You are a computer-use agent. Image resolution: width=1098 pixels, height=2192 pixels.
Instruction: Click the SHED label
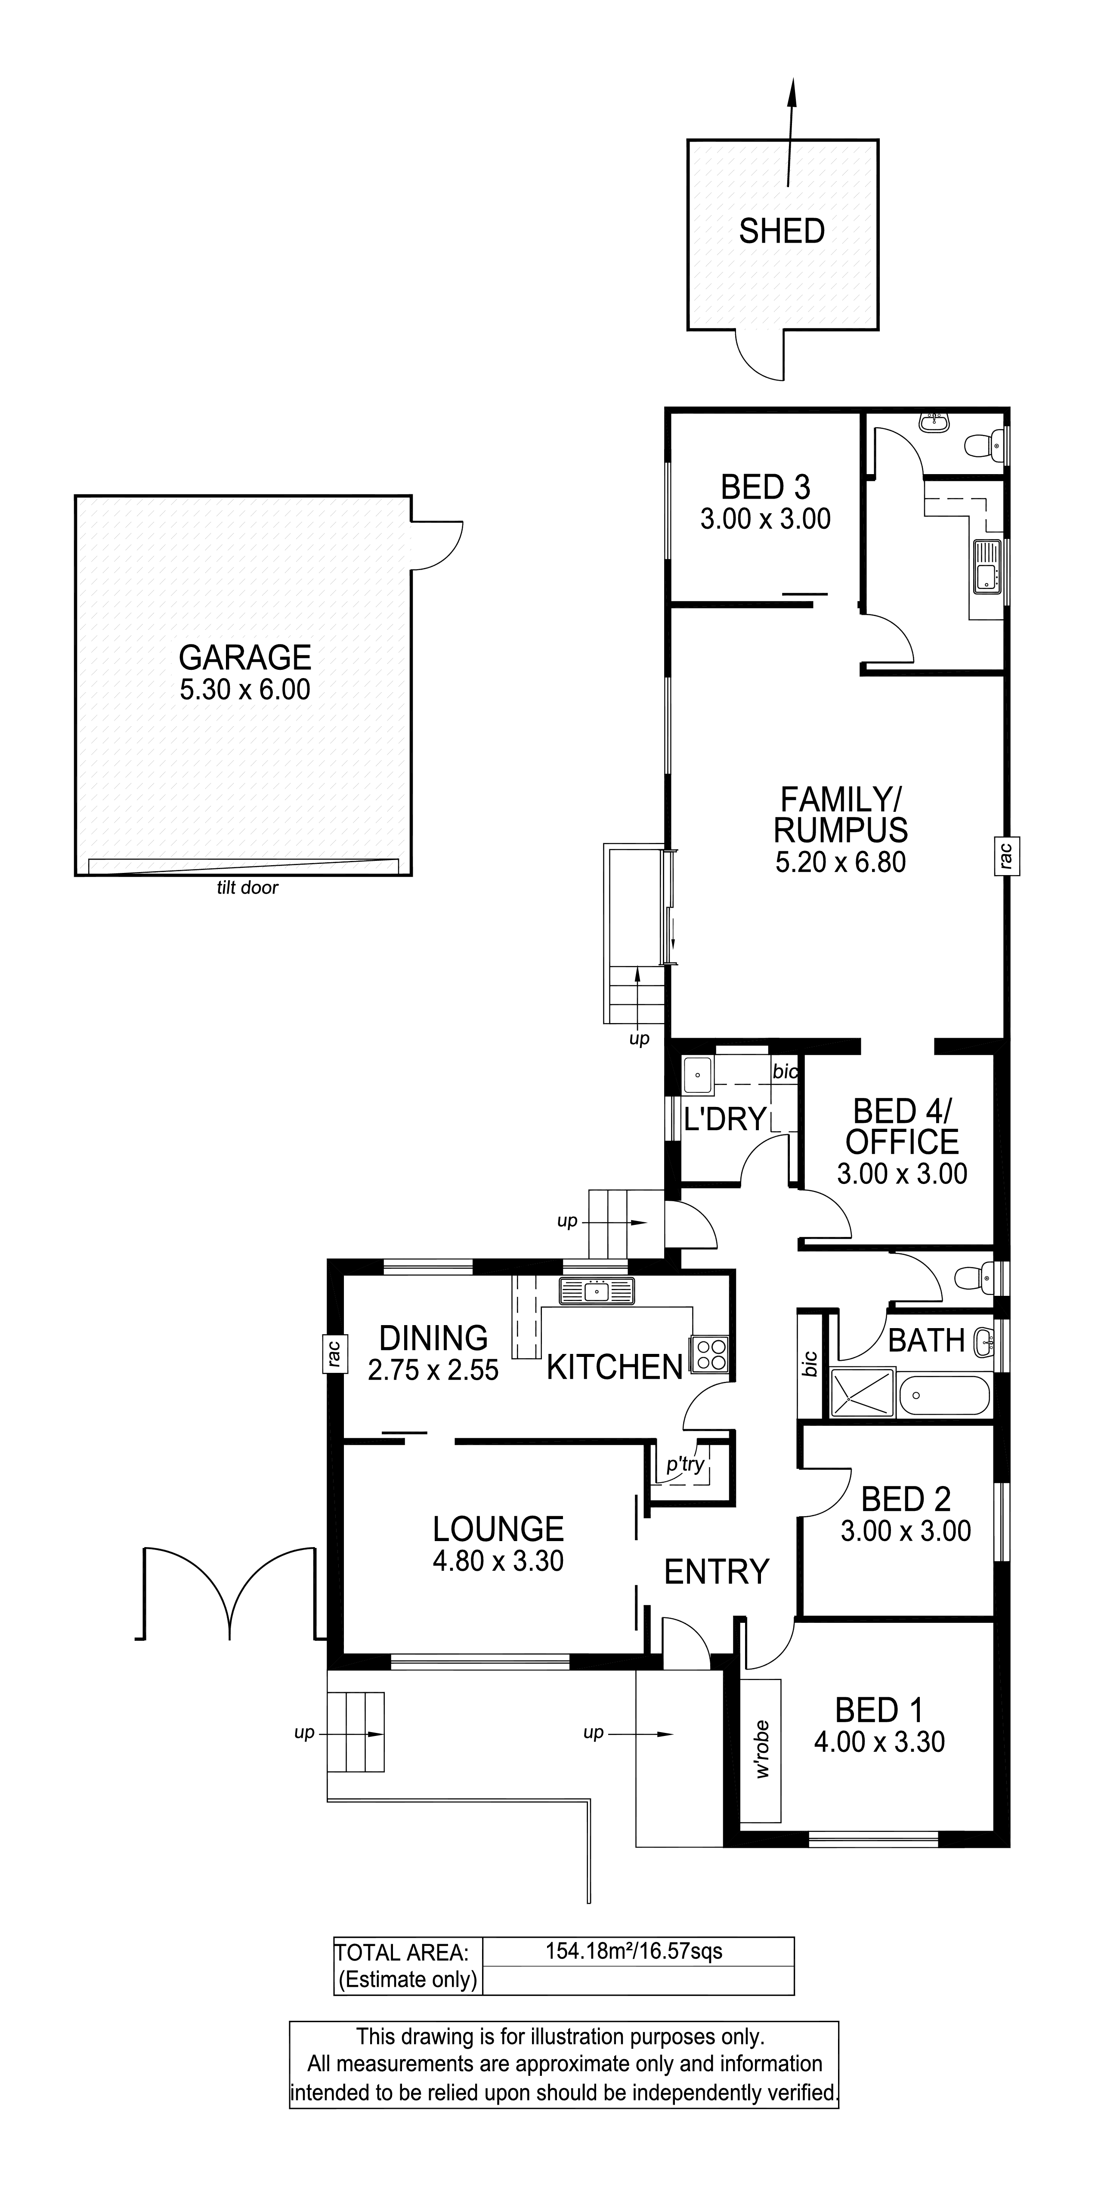(781, 231)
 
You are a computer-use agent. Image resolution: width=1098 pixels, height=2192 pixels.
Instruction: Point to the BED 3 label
(765, 487)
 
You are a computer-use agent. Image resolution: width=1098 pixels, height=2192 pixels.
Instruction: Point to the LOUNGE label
(498, 1529)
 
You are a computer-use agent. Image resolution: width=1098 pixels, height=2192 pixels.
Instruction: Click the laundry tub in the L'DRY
(697, 1075)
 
